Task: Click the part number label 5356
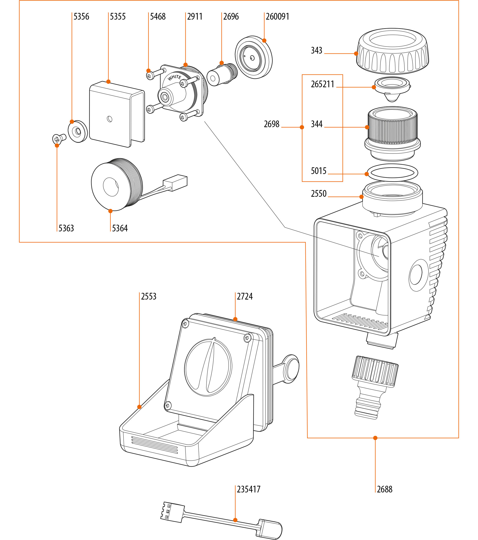pos(81,17)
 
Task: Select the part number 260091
pos(277,17)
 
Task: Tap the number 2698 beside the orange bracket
pos(272,124)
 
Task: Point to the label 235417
pos(248,489)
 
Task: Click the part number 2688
pos(385,489)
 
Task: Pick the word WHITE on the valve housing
pos(174,77)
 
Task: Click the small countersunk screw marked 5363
pos(59,138)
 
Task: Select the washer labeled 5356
pos(78,131)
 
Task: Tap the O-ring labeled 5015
pos(392,173)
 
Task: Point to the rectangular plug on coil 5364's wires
pos(175,182)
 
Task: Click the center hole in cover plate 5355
pos(109,119)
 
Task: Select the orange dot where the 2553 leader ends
pos(139,407)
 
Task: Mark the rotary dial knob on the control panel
pos(208,367)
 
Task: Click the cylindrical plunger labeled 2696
pos(221,75)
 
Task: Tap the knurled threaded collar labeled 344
pos(392,130)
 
